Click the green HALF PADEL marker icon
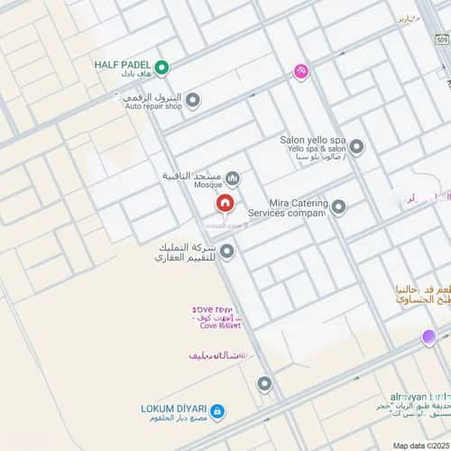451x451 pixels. (162, 67)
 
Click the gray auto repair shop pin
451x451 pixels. (192, 100)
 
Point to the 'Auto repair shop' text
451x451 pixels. (153, 106)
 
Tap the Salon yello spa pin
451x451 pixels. (356, 146)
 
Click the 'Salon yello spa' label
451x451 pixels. (313, 141)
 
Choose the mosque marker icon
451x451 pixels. (233, 178)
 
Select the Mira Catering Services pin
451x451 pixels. (338, 207)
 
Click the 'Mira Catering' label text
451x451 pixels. (298, 204)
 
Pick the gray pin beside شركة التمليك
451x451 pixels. (227, 252)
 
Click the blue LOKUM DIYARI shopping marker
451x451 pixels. (217, 411)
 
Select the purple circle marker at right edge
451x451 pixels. (429, 337)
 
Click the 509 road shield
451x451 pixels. (441, 41)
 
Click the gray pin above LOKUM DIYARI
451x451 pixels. (264, 384)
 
